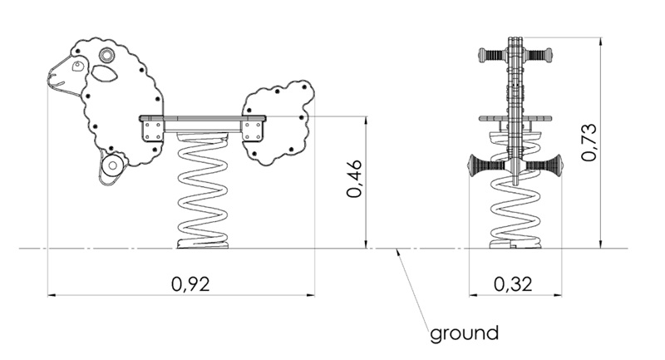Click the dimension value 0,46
(x=354, y=179)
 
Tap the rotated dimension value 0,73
(x=589, y=142)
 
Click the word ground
(x=464, y=334)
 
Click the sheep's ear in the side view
(x=104, y=73)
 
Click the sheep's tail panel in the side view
(x=278, y=121)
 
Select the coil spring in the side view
(x=203, y=195)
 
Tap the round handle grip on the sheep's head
(x=107, y=55)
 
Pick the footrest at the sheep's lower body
(x=111, y=165)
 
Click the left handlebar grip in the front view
(x=491, y=57)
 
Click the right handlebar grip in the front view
(x=539, y=57)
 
